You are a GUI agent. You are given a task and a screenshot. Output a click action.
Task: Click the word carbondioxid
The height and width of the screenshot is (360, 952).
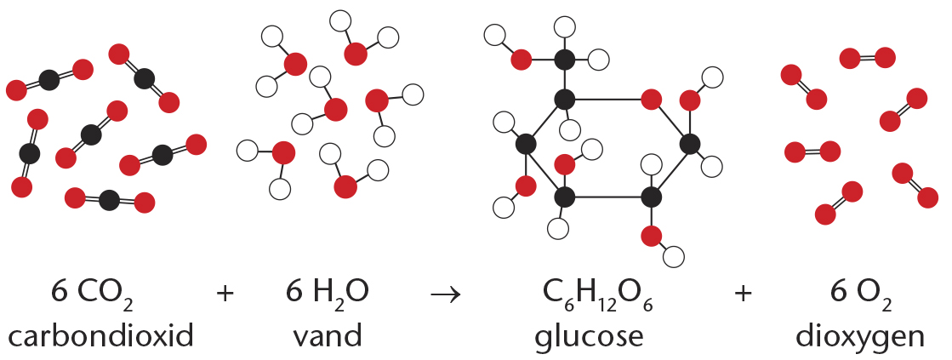click(x=100, y=335)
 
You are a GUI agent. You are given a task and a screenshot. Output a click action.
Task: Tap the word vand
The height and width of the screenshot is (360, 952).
click(x=327, y=335)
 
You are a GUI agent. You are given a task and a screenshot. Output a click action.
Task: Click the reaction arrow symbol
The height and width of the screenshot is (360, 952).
click(x=446, y=294)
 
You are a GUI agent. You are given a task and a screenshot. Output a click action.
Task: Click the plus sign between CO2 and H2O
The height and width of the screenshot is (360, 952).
click(x=225, y=294)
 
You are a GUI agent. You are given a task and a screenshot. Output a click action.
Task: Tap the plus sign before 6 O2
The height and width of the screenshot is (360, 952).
click(x=743, y=294)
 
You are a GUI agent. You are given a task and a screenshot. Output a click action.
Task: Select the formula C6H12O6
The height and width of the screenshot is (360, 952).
click(x=598, y=294)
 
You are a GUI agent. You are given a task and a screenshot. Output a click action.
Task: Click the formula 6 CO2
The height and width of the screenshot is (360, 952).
click(x=92, y=294)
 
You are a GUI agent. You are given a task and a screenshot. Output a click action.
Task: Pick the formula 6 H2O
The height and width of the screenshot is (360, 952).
click(x=328, y=294)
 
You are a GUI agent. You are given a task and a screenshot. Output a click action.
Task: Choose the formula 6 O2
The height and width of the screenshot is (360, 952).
click(x=860, y=294)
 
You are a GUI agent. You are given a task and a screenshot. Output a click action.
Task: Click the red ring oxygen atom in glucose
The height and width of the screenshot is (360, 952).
click(x=651, y=99)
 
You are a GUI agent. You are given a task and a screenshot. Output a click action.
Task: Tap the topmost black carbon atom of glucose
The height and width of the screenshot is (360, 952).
click(x=565, y=60)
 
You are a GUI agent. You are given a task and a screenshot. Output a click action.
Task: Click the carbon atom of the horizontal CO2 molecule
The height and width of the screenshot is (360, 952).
click(x=109, y=200)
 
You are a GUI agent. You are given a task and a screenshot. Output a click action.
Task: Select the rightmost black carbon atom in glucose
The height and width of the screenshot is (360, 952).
click(x=690, y=144)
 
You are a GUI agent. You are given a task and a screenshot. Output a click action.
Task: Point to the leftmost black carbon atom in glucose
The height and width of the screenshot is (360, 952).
click(x=525, y=144)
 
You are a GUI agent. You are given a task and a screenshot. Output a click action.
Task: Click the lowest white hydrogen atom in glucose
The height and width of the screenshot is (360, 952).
click(x=673, y=257)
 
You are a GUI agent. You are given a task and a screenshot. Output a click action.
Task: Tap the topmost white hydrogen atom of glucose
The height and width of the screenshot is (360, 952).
click(x=565, y=26)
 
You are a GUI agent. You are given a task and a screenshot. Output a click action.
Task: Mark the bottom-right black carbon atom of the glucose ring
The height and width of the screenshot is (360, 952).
click(x=651, y=197)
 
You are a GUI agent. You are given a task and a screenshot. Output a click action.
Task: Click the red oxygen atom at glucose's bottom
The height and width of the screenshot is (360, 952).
click(x=651, y=236)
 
